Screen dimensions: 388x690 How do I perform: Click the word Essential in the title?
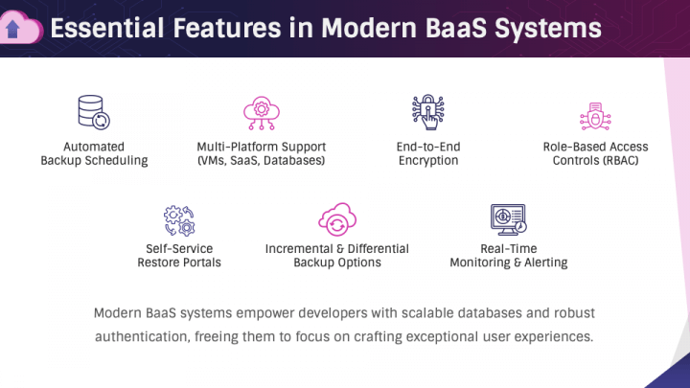pyautogui.click(x=106, y=29)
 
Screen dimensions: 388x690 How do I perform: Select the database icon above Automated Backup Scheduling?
pyautogui.click(x=94, y=112)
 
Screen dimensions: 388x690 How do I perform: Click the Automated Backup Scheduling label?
pyautogui.click(x=94, y=153)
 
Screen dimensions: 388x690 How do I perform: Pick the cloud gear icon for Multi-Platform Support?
pyautogui.click(x=261, y=112)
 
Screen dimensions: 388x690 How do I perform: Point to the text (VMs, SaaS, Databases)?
pyautogui.click(x=261, y=161)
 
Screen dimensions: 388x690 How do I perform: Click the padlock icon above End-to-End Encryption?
pyautogui.click(x=428, y=112)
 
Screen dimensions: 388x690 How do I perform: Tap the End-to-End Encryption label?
pyautogui.click(x=428, y=153)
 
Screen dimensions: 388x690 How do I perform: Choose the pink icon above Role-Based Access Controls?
pyautogui.click(x=595, y=115)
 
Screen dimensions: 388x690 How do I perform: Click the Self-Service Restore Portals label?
pyautogui.click(x=178, y=255)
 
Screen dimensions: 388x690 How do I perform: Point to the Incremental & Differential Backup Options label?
pyautogui.click(x=336, y=255)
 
